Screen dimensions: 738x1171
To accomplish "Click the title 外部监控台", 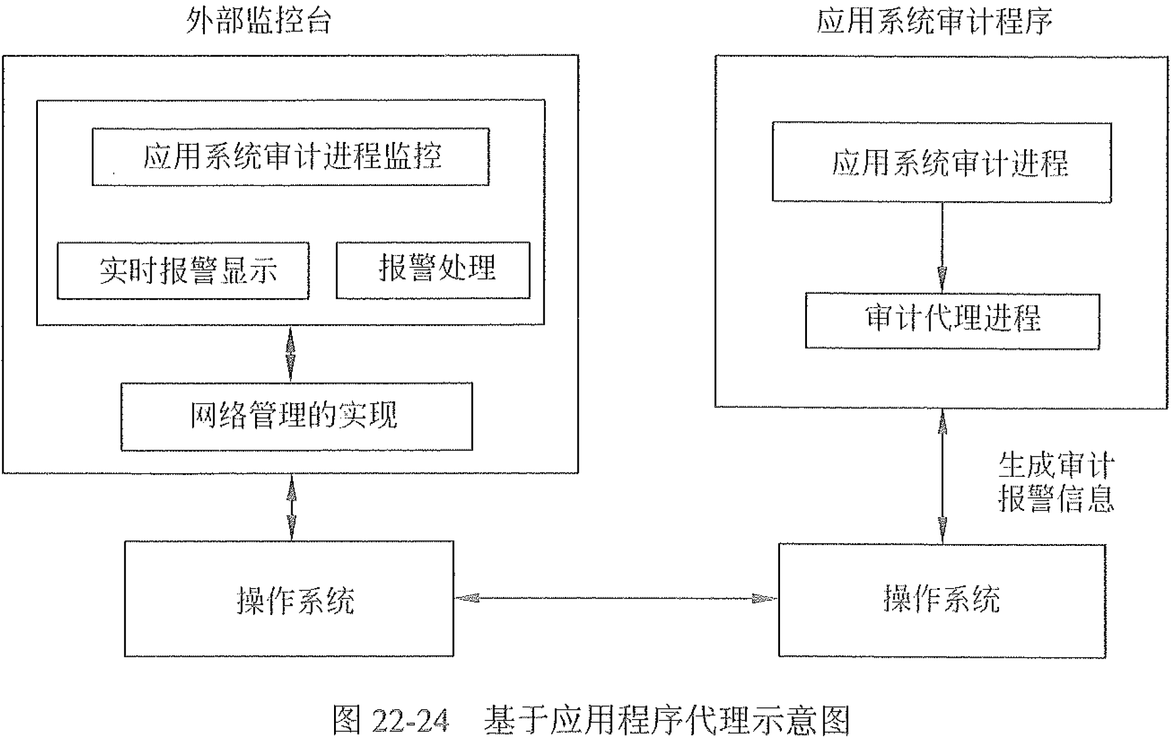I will pos(258,21).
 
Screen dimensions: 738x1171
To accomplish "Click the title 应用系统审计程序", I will pos(934,21).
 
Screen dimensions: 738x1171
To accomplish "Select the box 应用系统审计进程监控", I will pos(291,157).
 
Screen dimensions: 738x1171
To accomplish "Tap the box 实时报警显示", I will pos(183,270).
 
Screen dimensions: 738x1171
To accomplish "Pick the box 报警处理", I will pos(433,270).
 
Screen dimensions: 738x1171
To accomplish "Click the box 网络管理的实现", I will pos(296,416).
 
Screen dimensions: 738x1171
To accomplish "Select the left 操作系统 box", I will pos(289,598).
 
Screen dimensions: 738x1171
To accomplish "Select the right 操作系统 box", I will pos(942,600).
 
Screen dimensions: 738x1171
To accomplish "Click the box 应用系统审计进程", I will pos(941,162).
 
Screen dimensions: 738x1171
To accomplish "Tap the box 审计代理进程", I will pos(952,321).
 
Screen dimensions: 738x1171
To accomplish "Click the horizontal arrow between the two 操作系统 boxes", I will pos(615,598).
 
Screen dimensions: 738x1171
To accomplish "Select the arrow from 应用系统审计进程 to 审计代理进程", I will pos(942,247).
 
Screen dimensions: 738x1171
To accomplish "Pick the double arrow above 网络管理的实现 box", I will pos(291,354).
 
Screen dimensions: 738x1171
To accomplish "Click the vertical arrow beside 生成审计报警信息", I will pos(942,476).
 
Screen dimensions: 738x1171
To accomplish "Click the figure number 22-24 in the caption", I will pos(409,720).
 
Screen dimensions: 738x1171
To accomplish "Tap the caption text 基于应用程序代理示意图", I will pos(666,720).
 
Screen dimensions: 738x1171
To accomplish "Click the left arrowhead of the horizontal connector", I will pos(466,598).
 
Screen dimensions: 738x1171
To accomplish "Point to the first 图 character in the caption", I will pos(348,720).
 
